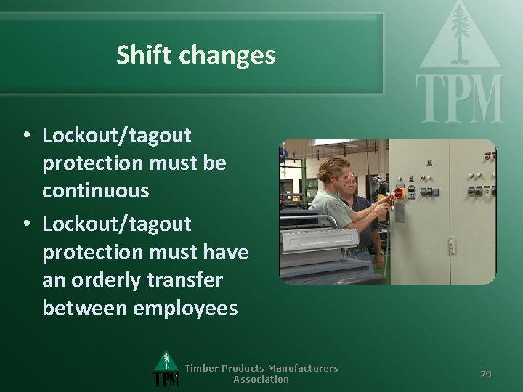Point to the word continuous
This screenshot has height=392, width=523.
pyautogui.click(x=95, y=191)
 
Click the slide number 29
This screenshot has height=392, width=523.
pyautogui.click(x=485, y=374)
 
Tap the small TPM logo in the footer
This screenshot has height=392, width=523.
pyautogui.click(x=166, y=371)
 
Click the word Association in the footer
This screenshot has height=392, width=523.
pyautogui.click(x=261, y=379)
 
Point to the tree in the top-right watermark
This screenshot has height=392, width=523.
pyautogui.click(x=460, y=33)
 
